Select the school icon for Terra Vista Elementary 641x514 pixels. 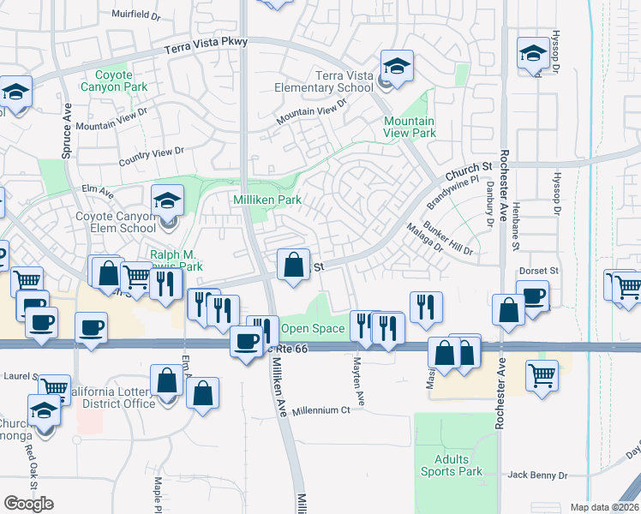398,65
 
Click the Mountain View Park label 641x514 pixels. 410,127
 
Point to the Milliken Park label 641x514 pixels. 266,200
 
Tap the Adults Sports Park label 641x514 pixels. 452,465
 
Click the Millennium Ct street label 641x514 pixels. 321,410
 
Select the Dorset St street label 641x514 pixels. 539,271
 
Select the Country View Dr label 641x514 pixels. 152,155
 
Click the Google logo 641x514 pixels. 28,503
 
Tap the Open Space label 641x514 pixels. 313,328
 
